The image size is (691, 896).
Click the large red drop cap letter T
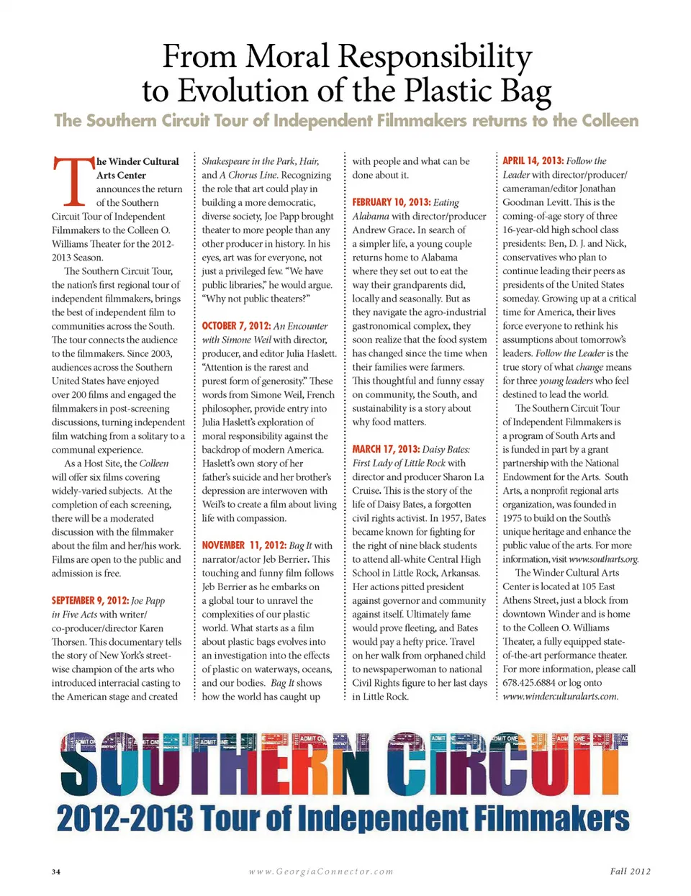(73, 181)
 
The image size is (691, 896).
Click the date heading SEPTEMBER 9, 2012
(89, 600)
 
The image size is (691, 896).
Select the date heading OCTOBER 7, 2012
(235, 326)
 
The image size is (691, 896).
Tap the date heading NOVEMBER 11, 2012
(243, 546)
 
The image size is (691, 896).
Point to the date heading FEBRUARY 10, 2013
(391, 202)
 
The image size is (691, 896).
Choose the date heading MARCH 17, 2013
(385, 449)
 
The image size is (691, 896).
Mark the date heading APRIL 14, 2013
(533, 160)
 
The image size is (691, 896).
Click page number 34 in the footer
(56, 872)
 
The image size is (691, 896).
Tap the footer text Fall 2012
(630, 871)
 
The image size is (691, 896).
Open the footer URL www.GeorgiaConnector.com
(321, 872)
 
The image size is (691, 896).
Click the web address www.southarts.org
(603, 559)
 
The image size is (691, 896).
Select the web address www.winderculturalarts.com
(560, 696)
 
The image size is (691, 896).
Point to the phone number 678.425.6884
(530, 682)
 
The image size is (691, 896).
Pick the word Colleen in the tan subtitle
(595, 120)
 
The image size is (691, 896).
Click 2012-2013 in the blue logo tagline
(124, 819)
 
